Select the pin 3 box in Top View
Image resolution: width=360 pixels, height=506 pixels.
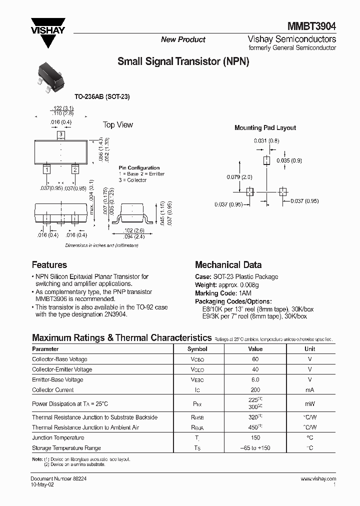coord(60,134)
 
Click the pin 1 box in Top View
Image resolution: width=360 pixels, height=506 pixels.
coord(46,170)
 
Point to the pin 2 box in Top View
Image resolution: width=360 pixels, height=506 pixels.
coord(74,170)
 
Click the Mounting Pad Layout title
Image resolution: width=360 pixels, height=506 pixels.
coord(265,128)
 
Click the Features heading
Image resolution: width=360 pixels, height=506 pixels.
coord(49,265)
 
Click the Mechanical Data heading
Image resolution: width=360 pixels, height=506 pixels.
coord(228,265)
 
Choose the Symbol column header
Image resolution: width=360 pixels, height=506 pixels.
coord(197,349)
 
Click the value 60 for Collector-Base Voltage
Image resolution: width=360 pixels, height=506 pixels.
coord(255,359)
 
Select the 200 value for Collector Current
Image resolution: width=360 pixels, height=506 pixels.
coord(255,389)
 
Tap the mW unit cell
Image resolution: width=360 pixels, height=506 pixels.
coord(310,403)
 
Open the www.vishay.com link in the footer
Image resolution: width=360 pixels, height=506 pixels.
coord(318,478)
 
